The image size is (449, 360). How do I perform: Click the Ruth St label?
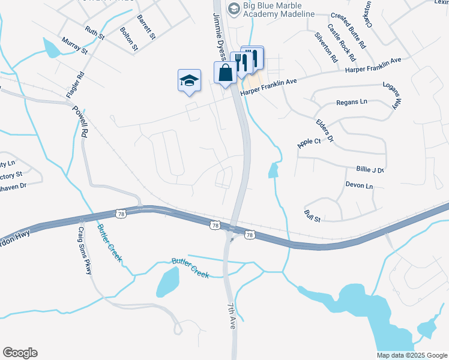click(x=95, y=32)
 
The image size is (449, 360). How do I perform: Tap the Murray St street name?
click(x=74, y=46)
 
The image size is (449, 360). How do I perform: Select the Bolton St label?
click(x=129, y=38)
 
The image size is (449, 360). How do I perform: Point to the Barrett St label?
click(x=146, y=27)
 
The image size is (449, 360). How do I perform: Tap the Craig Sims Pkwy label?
click(x=85, y=251)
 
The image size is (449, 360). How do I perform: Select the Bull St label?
click(x=313, y=215)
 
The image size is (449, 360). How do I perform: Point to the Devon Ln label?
click(x=359, y=187)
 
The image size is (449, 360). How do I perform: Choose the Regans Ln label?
click(x=352, y=103)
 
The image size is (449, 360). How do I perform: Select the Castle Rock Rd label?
click(x=342, y=43)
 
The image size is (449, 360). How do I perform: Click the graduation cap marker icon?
click(x=189, y=80)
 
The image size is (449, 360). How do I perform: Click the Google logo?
click(x=20, y=353)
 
